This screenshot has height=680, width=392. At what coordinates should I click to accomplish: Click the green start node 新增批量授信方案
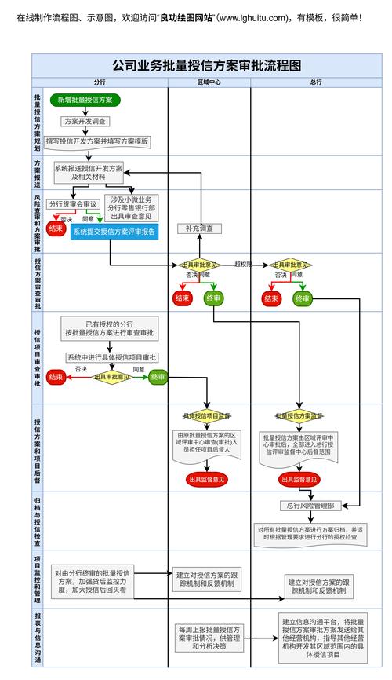[x=85, y=100]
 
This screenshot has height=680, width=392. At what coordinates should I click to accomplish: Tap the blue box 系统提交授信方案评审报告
[x=114, y=232]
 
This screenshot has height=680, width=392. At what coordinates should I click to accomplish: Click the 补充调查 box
[x=199, y=228]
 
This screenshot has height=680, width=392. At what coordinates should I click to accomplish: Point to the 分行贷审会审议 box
[x=73, y=203]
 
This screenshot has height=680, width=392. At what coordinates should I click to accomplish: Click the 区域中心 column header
[x=209, y=82]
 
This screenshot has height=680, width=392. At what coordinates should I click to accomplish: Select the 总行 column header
[x=316, y=82]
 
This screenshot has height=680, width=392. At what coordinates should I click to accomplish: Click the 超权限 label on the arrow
[x=242, y=265]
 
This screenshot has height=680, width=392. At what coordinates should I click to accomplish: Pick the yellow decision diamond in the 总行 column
[x=291, y=265]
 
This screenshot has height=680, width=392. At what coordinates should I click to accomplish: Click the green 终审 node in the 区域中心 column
[x=213, y=298]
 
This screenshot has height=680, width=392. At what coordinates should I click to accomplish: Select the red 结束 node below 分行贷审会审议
[x=56, y=228]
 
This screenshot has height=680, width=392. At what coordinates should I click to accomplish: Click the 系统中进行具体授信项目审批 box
[x=112, y=357]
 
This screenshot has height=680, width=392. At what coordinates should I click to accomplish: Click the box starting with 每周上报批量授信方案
[x=208, y=638]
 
